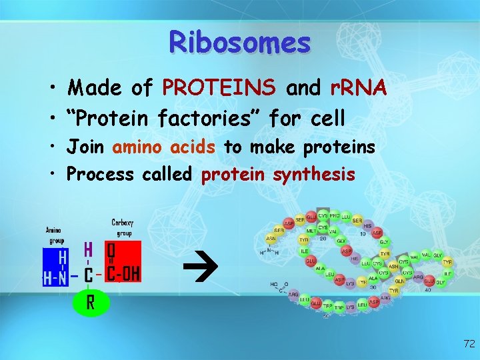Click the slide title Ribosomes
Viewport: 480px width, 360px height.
tap(240, 42)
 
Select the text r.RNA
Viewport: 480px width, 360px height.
tap(359, 87)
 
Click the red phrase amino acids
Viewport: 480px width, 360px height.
tap(164, 147)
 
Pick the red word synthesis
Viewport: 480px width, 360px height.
tap(314, 174)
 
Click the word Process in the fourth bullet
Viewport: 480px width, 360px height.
tap(101, 174)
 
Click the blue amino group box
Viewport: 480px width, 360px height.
tap(56, 267)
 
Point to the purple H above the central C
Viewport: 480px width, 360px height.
tap(88, 250)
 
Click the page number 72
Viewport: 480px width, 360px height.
tap(469, 344)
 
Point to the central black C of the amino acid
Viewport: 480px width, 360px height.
tap(88, 275)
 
